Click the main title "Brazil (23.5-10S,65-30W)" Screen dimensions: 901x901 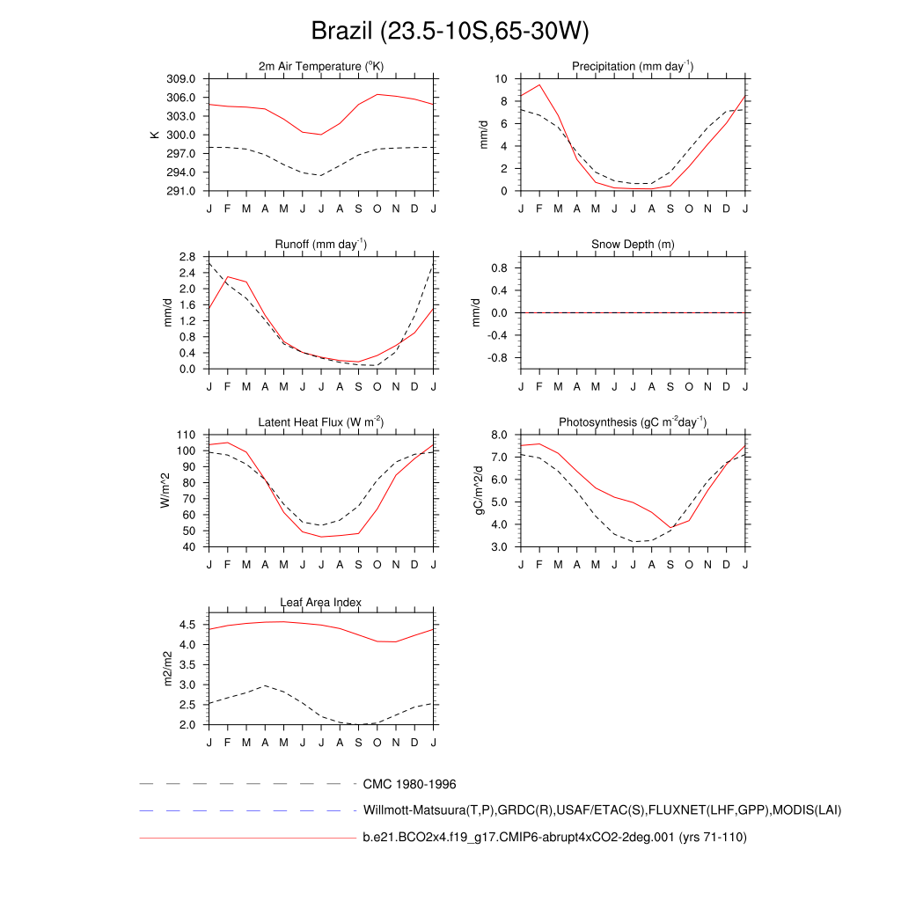point(450,32)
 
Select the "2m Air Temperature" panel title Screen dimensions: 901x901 point(321,67)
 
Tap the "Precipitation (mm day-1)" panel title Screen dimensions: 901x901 point(633,67)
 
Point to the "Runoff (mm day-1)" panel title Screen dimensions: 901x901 point(321,245)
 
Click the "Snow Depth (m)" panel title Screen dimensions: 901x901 point(633,245)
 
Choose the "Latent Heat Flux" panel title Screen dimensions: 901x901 point(321,422)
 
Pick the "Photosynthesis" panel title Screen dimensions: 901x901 point(633,422)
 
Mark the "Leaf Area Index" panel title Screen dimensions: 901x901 point(321,602)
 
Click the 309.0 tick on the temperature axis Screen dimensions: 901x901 point(186,79)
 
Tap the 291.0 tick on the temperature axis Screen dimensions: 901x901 point(186,191)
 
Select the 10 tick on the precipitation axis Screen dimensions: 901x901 point(502,79)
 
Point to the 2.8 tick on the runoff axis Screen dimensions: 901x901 point(187,257)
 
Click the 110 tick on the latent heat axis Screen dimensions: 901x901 point(187,435)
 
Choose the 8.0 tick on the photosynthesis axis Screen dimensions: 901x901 point(499,435)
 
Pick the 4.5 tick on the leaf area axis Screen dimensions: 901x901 point(187,625)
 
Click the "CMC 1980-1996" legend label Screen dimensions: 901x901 point(409,784)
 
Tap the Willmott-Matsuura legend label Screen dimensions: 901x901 point(602,810)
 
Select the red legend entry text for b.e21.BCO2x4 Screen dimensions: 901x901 point(554,838)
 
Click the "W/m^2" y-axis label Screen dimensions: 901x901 point(165,491)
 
